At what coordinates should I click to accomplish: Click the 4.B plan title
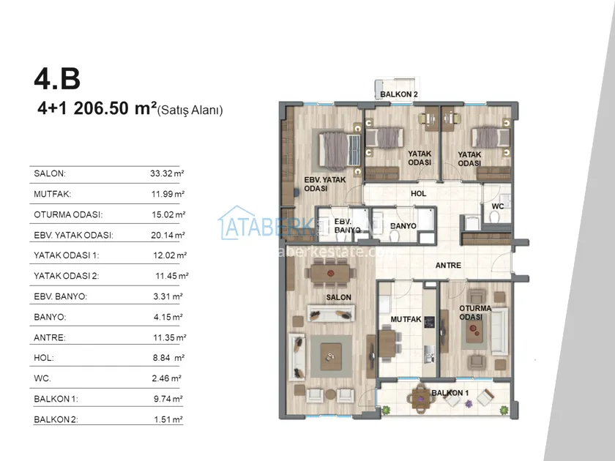pos(57,79)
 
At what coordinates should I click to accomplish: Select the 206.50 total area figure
pos(101,108)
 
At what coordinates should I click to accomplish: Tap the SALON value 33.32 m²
pos(167,173)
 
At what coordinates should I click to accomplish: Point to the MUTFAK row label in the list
pos(53,194)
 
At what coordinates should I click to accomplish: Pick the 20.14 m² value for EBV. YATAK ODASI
pos(168,235)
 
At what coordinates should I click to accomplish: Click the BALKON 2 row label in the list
pos(56,419)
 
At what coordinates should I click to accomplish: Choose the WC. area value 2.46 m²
pos(167,378)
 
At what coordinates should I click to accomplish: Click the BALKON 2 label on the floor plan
pos(399,94)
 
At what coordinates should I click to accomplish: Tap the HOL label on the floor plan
pos(419,194)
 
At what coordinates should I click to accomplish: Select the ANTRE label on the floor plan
pos(448,266)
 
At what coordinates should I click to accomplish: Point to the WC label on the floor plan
pos(498,206)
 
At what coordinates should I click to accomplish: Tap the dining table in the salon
pos(330,273)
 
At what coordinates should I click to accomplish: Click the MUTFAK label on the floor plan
pos(406,320)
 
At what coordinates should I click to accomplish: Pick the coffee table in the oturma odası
pos(474,332)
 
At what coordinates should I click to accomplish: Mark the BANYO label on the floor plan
pos(403,226)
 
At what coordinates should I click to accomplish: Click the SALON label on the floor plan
pos(338,298)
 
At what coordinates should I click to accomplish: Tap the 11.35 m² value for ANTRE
pos(169,337)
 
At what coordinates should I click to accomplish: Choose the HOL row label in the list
pos(44,358)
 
